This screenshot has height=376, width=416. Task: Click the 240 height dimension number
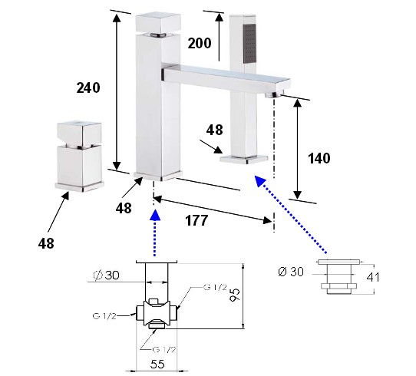tap(88, 87)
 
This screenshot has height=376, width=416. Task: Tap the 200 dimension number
tap(200, 43)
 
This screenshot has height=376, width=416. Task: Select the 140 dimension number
tap(319, 158)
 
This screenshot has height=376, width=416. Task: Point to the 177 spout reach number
tap(196, 220)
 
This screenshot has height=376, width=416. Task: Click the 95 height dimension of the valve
tap(235, 295)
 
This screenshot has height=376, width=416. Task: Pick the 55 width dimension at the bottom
tap(157, 364)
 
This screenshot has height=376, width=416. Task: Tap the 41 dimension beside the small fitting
tap(373, 277)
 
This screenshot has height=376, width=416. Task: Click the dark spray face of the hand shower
tap(249, 44)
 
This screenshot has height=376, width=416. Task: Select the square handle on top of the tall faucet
tap(158, 22)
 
